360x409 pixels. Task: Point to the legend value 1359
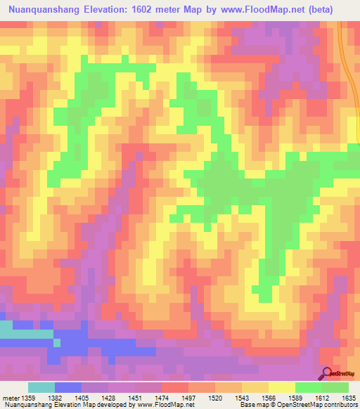tap(27, 398)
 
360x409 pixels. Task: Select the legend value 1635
tap(348, 398)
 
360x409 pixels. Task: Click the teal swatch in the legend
tap(41, 387)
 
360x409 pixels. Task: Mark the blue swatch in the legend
tap(67, 387)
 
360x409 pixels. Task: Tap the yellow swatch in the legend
tap(281, 387)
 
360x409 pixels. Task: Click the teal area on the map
tap(21, 330)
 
